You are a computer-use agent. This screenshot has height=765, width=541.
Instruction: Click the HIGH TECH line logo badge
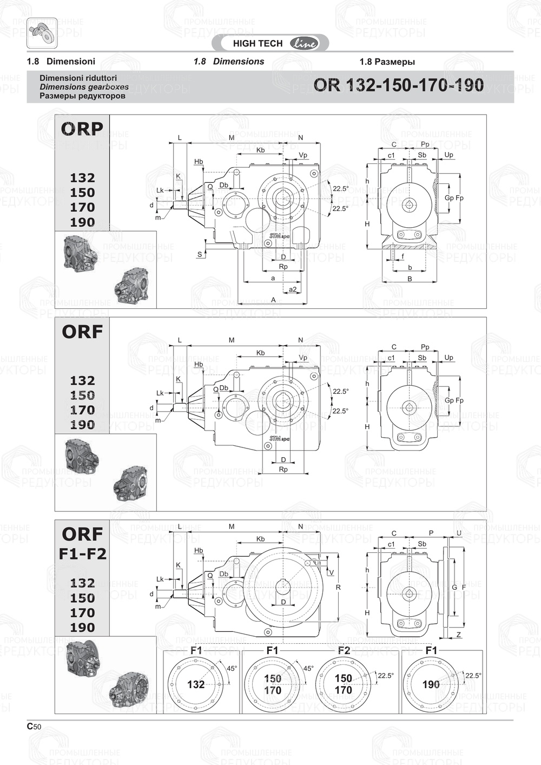(274, 43)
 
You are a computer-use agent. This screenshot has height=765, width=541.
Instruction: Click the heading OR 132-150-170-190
(399, 85)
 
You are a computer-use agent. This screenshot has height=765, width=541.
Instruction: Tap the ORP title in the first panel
(82, 129)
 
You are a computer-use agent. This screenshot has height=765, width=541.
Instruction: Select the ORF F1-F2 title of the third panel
(82, 543)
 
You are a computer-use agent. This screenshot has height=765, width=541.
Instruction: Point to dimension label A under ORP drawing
(273, 300)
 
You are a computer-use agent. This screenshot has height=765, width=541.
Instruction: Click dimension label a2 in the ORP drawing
(292, 289)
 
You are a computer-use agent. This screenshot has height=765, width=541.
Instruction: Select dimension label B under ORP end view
(410, 279)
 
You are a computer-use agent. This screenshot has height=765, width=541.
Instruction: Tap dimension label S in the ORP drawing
(200, 254)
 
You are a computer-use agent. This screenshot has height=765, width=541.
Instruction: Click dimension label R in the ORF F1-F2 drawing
(338, 587)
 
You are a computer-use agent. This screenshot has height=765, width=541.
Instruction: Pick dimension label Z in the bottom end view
(458, 635)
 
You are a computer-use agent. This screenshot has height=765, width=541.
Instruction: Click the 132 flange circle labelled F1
(195, 684)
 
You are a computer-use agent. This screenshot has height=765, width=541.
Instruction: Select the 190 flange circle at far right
(431, 684)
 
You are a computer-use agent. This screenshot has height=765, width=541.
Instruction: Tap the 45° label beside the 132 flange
(232, 669)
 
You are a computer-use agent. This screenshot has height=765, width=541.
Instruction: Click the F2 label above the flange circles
(344, 650)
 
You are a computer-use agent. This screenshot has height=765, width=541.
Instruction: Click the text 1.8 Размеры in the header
(387, 62)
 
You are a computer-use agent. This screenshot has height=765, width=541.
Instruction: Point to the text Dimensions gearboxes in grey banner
(84, 87)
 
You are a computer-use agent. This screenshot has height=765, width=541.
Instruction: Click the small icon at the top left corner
(42, 31)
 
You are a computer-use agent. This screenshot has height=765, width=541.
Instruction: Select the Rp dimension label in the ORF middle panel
(283, 469)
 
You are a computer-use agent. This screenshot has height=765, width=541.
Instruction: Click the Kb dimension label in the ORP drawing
(260, 150)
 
